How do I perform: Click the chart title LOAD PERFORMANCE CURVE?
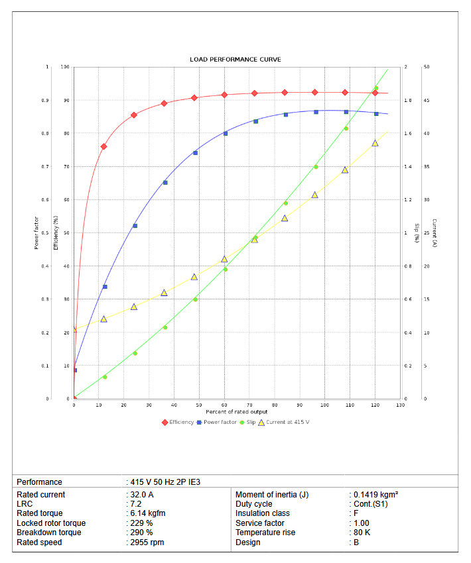coord(235,60)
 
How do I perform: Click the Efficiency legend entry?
coord(178,422)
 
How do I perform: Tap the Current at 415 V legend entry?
coord(282,422)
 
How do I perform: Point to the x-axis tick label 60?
coord(224,405)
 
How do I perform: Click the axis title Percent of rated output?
coord(237,412)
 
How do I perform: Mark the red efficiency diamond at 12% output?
coord(103,146)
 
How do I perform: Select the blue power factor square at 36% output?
coord(165,182)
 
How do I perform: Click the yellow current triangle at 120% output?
coord(375,143)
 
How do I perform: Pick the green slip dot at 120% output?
coord(375,88)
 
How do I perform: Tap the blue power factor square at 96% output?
coord(316,112)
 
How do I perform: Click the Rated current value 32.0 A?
coord(142,495)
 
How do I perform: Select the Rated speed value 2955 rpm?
coord(147,542)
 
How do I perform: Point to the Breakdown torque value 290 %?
coord(142,533)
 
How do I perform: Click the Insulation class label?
coord(263,513)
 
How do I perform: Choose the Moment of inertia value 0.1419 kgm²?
coord(375,495)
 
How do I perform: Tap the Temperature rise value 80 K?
coord(363,533)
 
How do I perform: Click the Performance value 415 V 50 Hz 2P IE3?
coord(165,482)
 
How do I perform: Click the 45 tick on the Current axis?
coord(427,101)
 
